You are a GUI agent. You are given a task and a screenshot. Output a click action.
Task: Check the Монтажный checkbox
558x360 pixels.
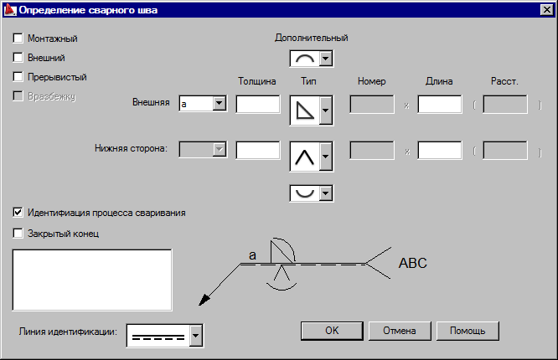pyautogui.click(x=18, y=39)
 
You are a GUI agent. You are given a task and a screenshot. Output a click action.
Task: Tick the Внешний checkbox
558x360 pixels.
pyautogui.click(x=18, y=58)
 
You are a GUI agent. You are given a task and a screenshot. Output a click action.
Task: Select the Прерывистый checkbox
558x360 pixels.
pyautogui.click(x=18, y=77)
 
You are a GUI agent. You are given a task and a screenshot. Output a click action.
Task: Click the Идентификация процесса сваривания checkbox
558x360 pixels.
pyautogui.click(x=18, y=213)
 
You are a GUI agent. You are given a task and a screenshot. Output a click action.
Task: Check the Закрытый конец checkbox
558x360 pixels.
pyautogui.click(x=18, y=234)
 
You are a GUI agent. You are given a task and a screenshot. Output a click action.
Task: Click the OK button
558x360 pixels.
pyautogui.click(x=331, y=330)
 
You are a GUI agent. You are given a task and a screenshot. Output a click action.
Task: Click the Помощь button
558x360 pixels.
pyautogui.click(x=467, y=330)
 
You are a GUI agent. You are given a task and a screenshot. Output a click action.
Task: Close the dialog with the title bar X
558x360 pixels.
pyautogui.click(x=545, y=10)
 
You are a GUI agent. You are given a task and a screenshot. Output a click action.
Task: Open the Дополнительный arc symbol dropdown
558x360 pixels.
pyautogui.click(x=326, y=59)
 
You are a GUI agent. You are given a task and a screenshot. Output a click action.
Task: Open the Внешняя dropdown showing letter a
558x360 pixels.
pyautogui.click(x=219, y=104)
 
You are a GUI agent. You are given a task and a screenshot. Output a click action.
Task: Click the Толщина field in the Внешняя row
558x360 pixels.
pyautogui.click(x=257, y=104)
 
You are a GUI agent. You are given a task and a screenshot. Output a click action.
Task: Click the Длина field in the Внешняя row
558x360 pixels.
pyautogui.click(x=439, y=104)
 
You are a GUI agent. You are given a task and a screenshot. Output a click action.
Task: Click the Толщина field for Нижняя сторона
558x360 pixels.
pyautogui.click(x=257, y=150)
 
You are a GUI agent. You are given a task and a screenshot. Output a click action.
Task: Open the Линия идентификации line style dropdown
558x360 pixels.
pyautogui.click(x=195, y=336)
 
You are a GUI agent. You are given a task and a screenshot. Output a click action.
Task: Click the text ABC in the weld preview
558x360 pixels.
pyautogui.click(x=412, y=263)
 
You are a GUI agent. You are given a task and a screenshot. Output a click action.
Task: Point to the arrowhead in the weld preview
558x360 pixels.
pyautogui.click(x=203, y=302)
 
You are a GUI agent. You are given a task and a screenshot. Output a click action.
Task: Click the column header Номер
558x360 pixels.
pyautogui.click(x=370, y=81)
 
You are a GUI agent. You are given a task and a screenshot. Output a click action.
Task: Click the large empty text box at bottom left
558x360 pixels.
pyautogui.click(x=92, y=280)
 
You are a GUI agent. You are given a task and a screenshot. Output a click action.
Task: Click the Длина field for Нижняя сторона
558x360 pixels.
pyautogui.click(x=439, y=150)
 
